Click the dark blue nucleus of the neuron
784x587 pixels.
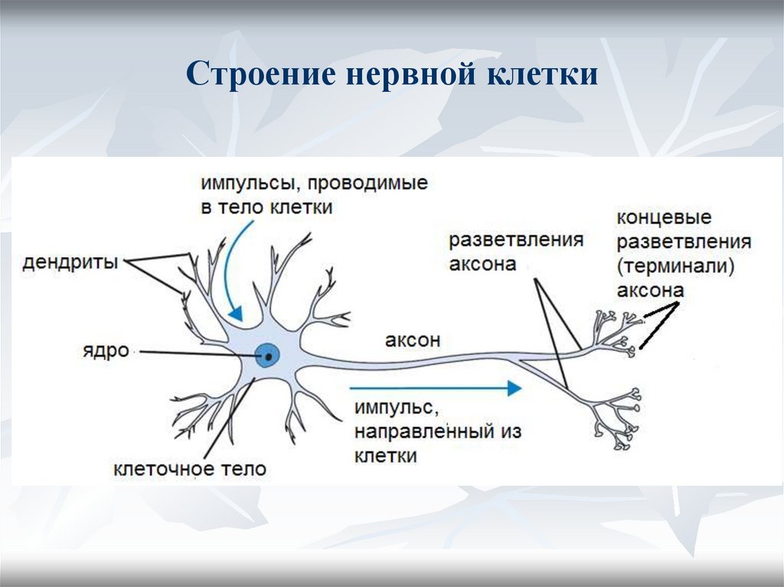267,354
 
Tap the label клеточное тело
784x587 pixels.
190,468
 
